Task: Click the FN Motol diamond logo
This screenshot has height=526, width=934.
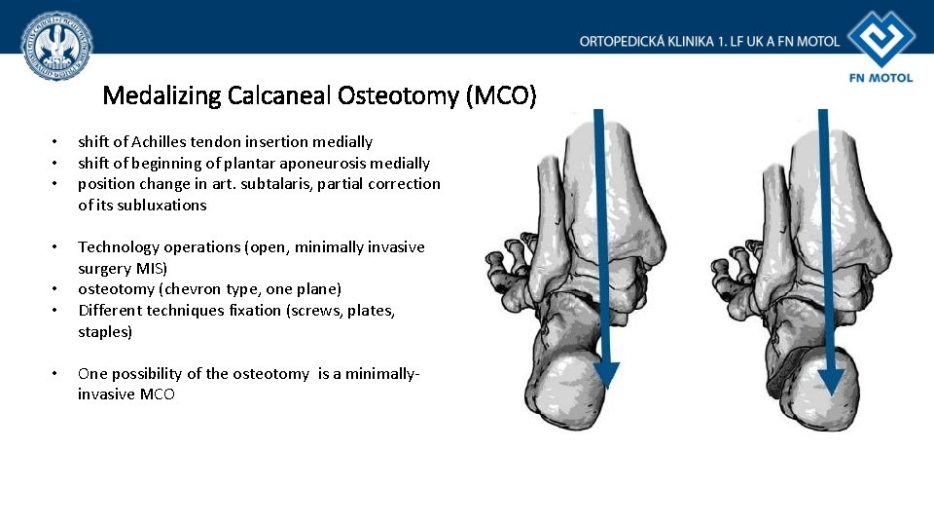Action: [x=881, y=39]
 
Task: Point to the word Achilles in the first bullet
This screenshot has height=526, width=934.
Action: [x=168, y=142]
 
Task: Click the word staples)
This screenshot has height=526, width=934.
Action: [x=105, y=331]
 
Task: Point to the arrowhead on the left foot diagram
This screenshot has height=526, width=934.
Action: [x=606, y=374]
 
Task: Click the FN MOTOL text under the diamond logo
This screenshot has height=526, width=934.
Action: [x=881, y=77]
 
